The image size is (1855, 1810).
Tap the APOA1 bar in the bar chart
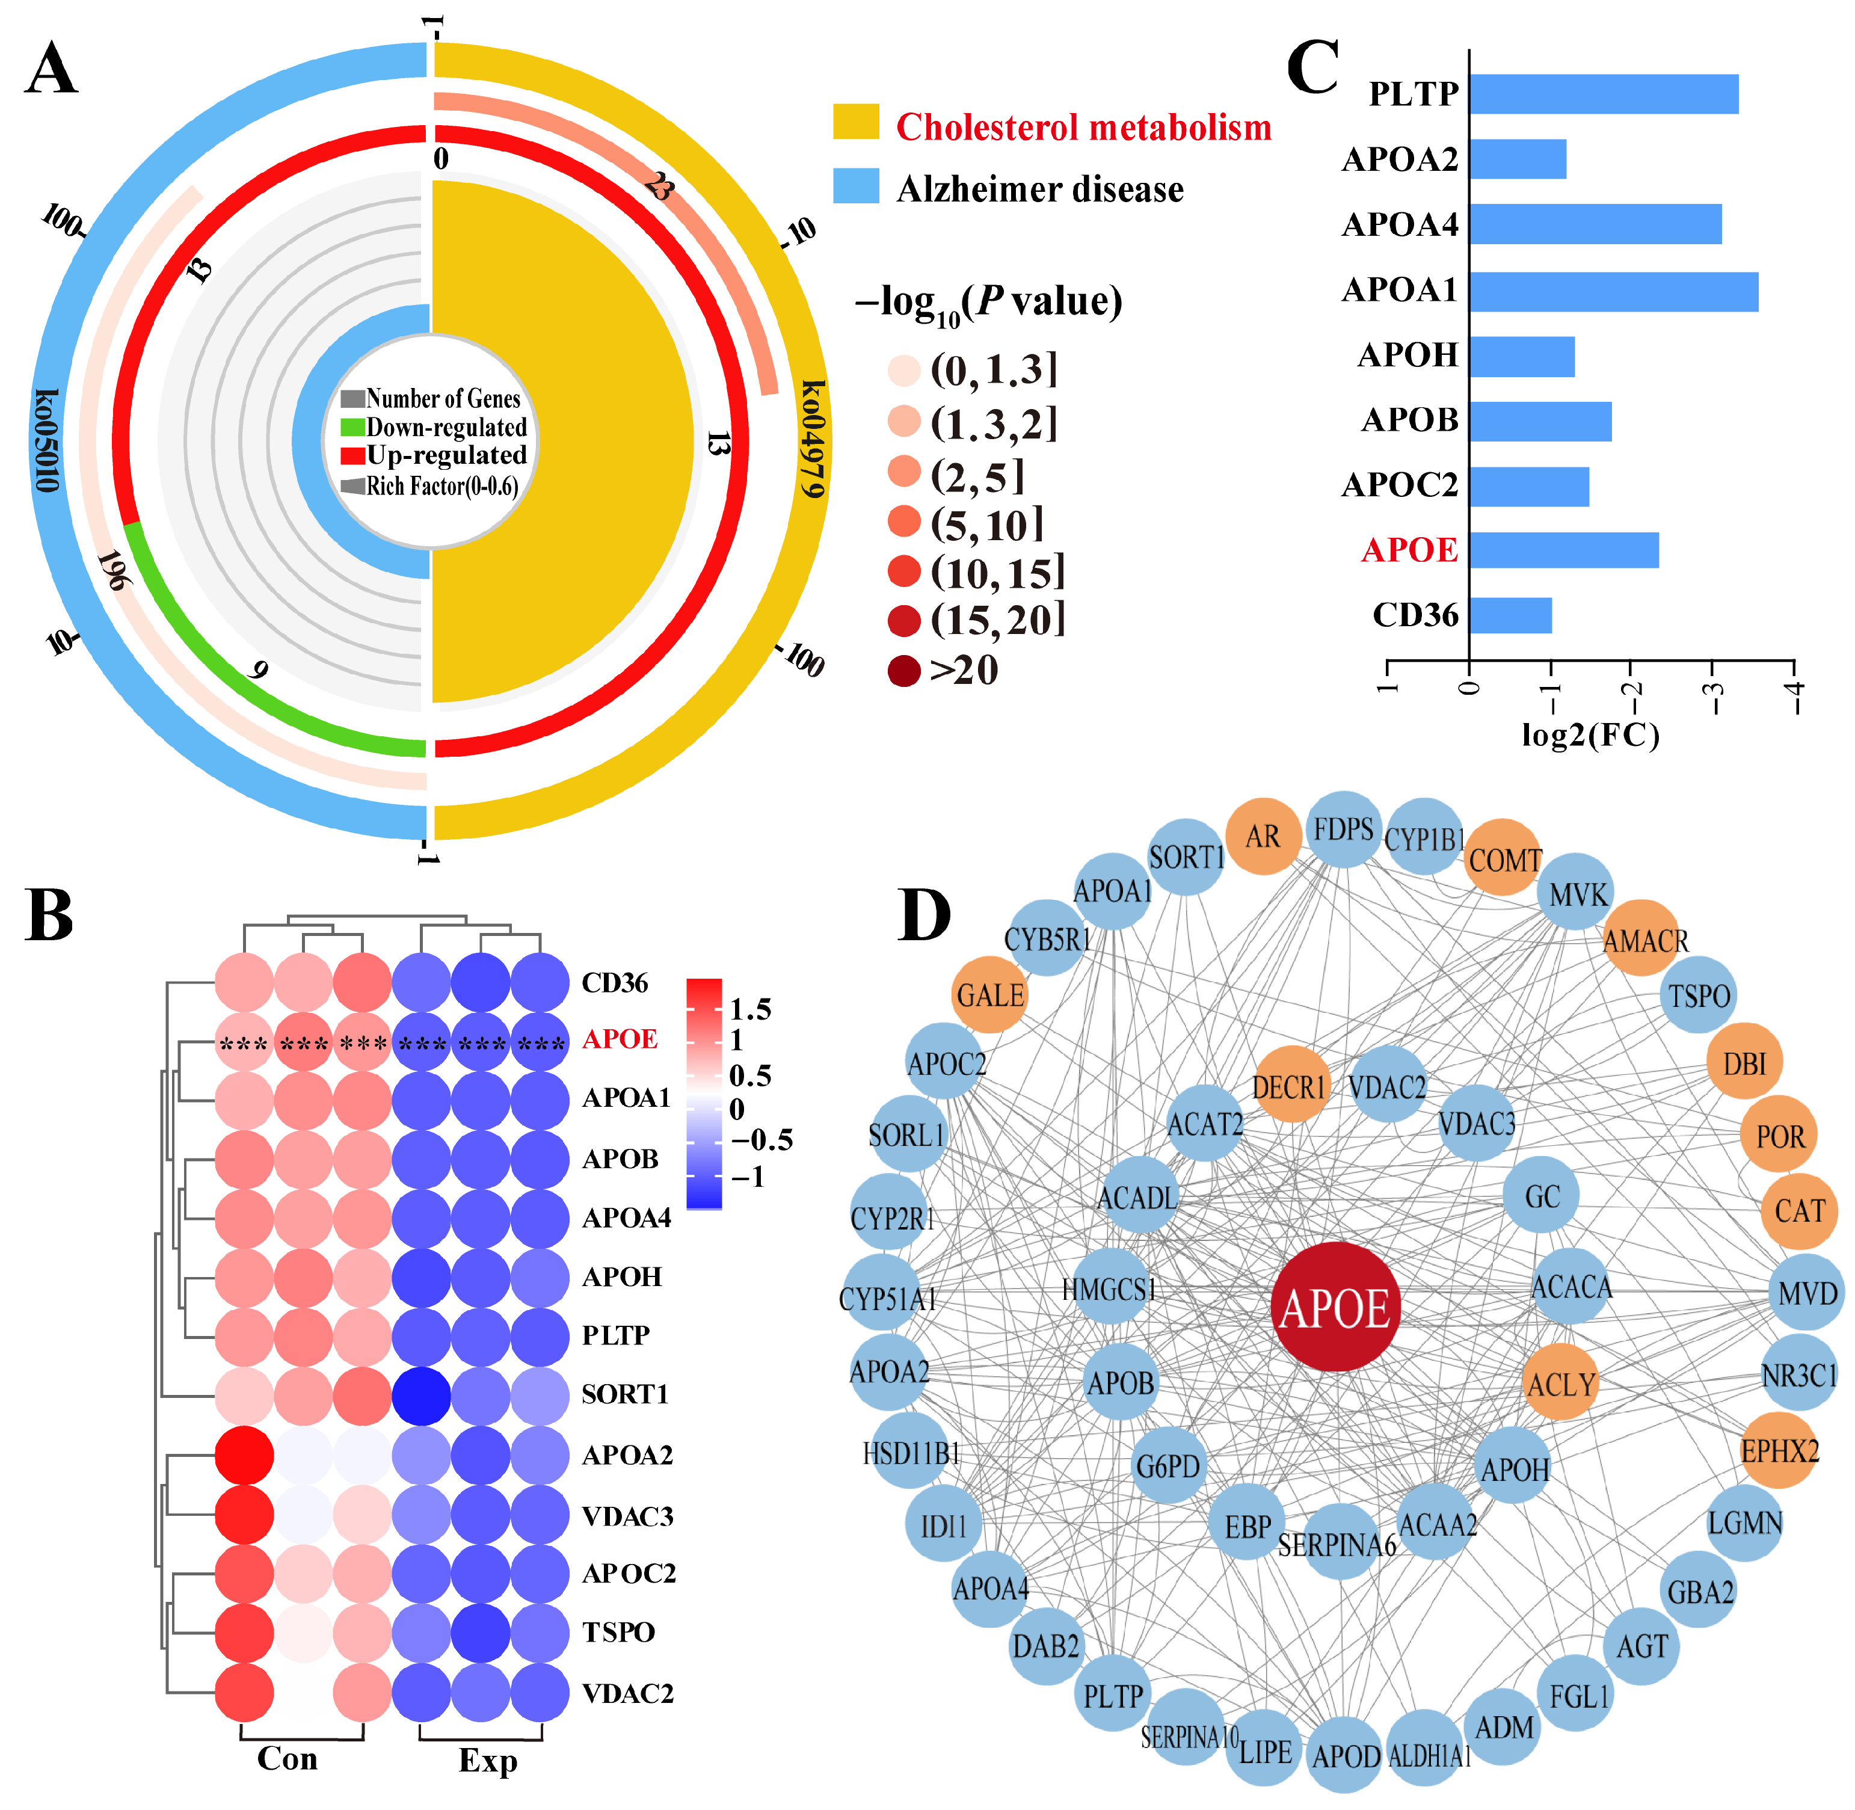1613,292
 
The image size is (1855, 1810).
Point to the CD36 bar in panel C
1510,615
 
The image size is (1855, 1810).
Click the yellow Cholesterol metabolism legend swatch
856,123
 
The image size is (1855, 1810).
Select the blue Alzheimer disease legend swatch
856,186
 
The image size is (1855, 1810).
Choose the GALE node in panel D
990,996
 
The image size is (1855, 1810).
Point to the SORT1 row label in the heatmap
625,1394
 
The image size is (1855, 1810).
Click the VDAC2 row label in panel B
627,1693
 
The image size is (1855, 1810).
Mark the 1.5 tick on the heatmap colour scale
750,1009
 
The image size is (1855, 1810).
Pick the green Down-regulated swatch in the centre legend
352,427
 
